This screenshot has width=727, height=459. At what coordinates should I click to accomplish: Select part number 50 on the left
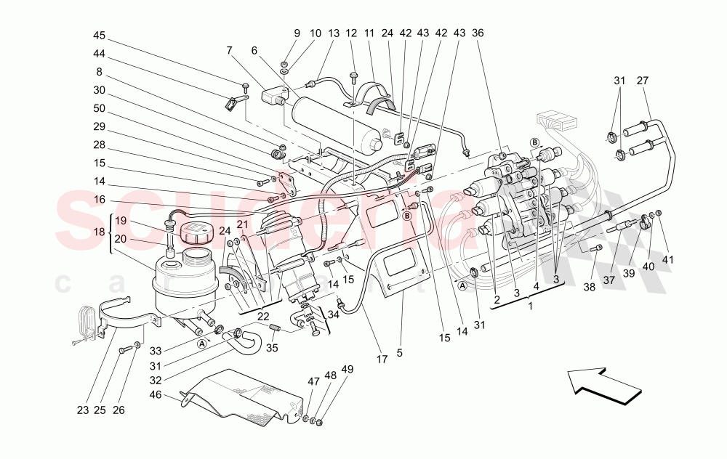100,109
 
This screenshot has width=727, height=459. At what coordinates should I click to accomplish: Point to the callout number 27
643,81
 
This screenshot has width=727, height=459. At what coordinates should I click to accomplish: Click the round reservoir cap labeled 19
194,233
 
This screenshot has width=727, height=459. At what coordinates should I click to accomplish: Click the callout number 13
334,34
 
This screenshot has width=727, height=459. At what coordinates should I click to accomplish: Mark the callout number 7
230,50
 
